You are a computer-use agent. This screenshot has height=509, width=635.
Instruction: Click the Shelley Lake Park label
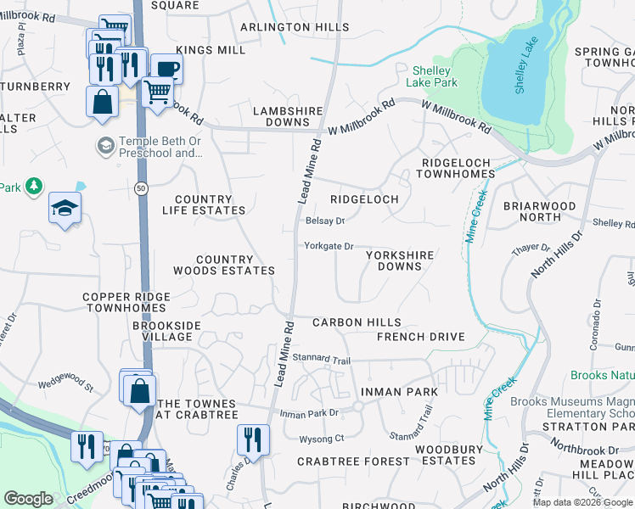tap(435, 76)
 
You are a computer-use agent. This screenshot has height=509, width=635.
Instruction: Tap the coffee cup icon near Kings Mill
tap(166, 69)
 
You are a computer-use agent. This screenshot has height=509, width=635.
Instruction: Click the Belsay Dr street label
tap(324, 221)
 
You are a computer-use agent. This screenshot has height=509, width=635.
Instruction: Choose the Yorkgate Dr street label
tap(329, 247)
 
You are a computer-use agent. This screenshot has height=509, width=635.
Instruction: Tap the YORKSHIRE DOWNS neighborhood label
tap(399, 260)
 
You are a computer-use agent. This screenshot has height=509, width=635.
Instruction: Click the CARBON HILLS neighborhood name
tap(356, 323)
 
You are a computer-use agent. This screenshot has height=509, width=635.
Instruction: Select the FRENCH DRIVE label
tap(421, 337)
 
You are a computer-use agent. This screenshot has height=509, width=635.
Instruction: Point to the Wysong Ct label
tap(321, 439)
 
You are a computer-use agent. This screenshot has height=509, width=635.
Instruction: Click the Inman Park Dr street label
tap(309, 413)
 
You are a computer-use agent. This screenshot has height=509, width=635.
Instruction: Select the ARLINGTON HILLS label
tap(294, 27)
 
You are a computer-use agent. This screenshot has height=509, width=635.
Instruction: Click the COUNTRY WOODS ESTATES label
tap(224, 265)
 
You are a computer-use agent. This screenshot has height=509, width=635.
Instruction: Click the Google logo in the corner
tap(28, 499)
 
